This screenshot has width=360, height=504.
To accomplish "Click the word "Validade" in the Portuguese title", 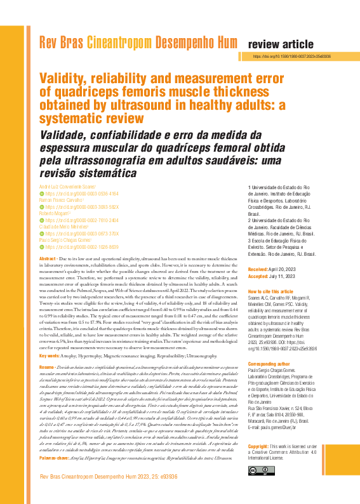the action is point(67,135).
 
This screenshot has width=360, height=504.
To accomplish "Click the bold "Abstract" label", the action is point(48,260).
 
